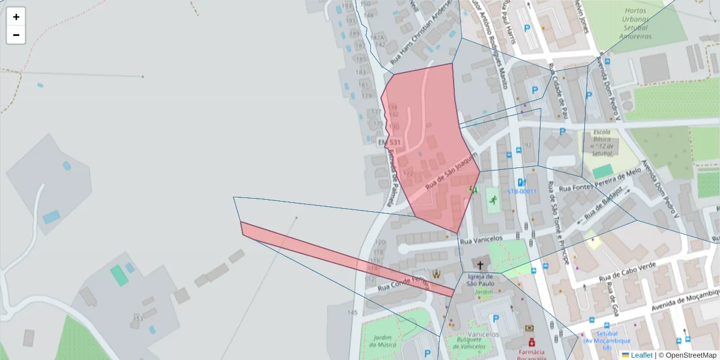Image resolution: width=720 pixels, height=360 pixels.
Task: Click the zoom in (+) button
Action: tap(16, 17)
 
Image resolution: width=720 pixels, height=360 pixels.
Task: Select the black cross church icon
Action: tap(480, 264)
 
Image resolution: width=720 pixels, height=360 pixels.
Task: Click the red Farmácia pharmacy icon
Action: tap(531, 341)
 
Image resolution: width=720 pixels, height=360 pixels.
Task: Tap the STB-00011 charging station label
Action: tap(521, 192)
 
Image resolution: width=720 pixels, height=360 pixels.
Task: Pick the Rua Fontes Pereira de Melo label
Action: tap(600, 180)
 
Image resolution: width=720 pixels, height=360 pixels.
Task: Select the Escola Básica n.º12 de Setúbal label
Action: tap(602, 143)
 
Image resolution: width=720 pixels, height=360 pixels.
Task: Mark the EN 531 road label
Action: tap(390, 142)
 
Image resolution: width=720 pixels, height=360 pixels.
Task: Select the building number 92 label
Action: tap(528, 145)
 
